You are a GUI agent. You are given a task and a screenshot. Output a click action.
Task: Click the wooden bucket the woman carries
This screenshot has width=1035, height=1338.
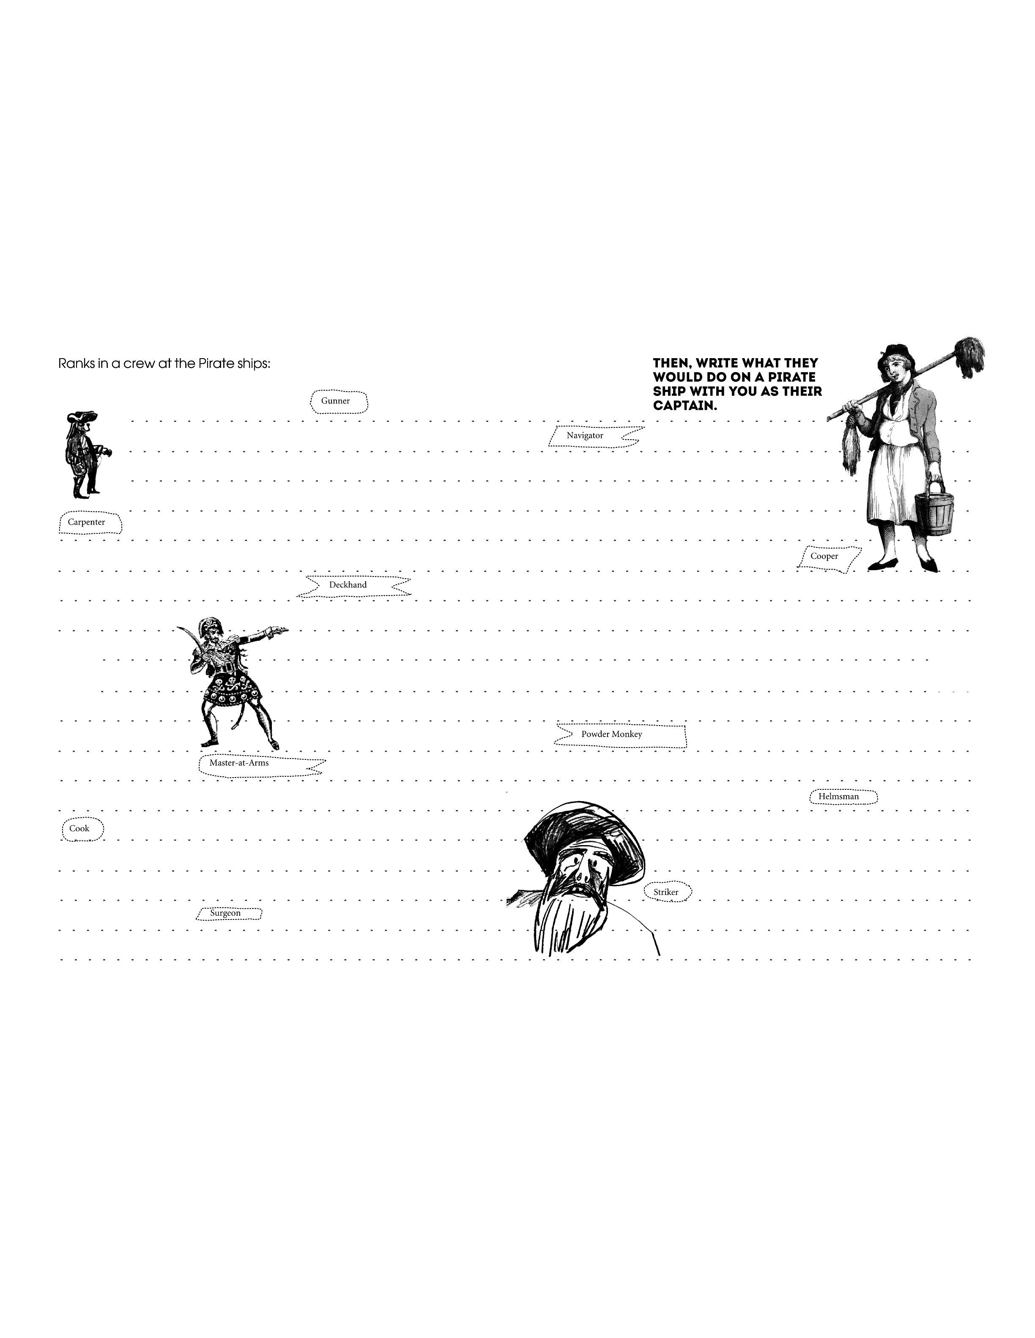(933, 507)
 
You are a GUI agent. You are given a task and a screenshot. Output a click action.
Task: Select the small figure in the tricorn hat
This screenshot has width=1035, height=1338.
(86, 454)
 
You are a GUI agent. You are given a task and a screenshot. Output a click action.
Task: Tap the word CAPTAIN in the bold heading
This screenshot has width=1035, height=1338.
(685, 405)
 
